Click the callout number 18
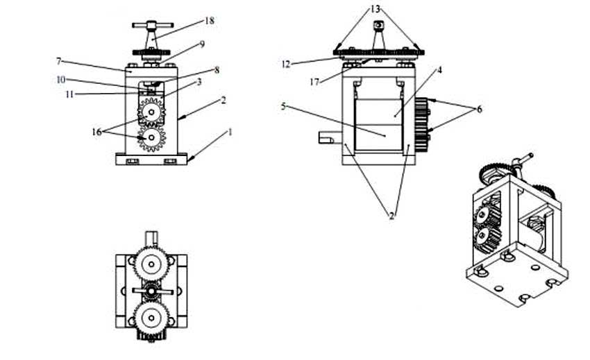(210, 21)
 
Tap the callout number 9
(202, 44)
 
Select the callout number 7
(59, 61)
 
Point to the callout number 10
(60, 80)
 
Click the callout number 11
(69, 94)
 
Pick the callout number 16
(96, 132)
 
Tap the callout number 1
(230, 132)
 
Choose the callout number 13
(375, 9)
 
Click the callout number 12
(286, 65)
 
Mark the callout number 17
(314, 82)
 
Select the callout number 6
(480, 109)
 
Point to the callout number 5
(283, 106)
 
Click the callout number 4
(439, 70)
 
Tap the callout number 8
(217, 70)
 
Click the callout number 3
(199, 82)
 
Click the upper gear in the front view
(151, 112)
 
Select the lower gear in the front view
(151, 138)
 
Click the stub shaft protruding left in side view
(326, 137)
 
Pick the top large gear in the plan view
(151, 264)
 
